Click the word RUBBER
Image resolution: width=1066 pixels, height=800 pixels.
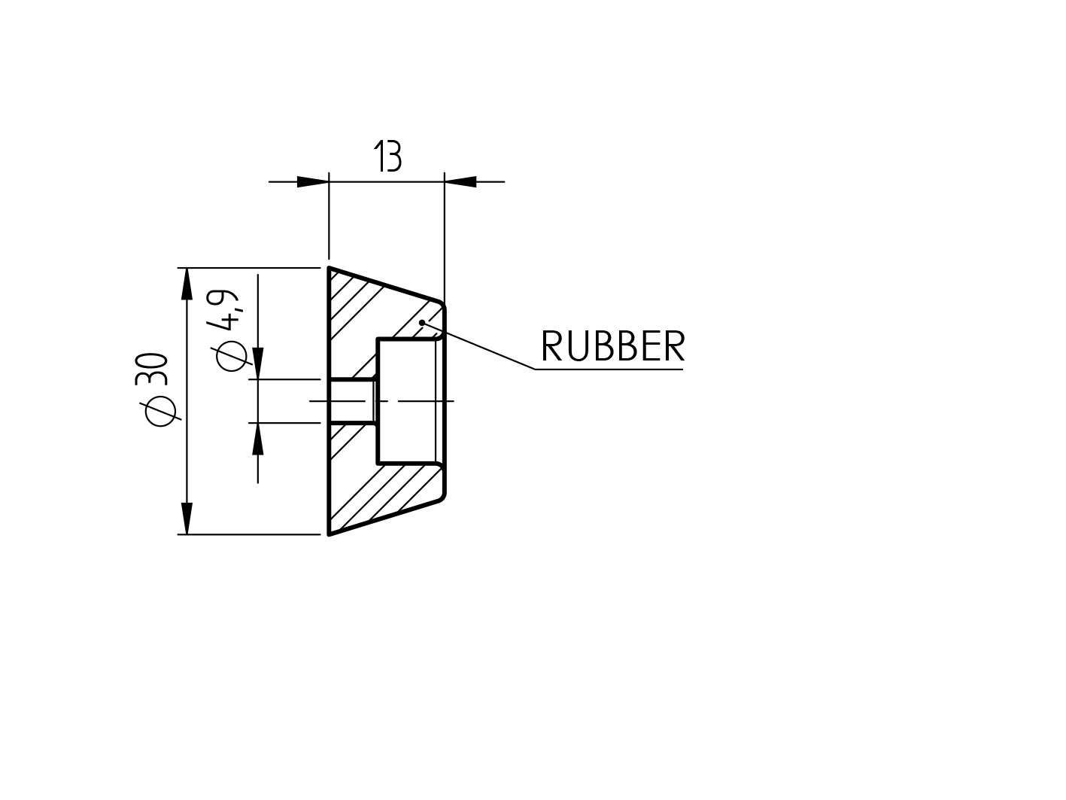point(612,347)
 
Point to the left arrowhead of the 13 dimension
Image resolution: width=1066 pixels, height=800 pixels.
point(313,181)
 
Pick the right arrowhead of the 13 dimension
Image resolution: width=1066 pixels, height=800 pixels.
point(460,181)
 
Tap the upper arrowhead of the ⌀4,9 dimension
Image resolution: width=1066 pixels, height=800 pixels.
point(258,363)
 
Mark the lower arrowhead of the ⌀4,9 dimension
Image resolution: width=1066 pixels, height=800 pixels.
point(258,439)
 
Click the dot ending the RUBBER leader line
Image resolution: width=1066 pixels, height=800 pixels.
point(424,322)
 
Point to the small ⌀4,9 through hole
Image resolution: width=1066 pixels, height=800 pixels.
point(352,401)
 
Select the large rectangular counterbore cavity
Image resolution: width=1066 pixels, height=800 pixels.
point(406,400)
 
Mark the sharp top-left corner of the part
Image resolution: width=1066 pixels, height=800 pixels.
point(330,268)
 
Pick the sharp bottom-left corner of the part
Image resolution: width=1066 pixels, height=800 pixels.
point(330,534)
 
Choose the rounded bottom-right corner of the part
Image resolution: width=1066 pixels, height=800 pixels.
point(442,496)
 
